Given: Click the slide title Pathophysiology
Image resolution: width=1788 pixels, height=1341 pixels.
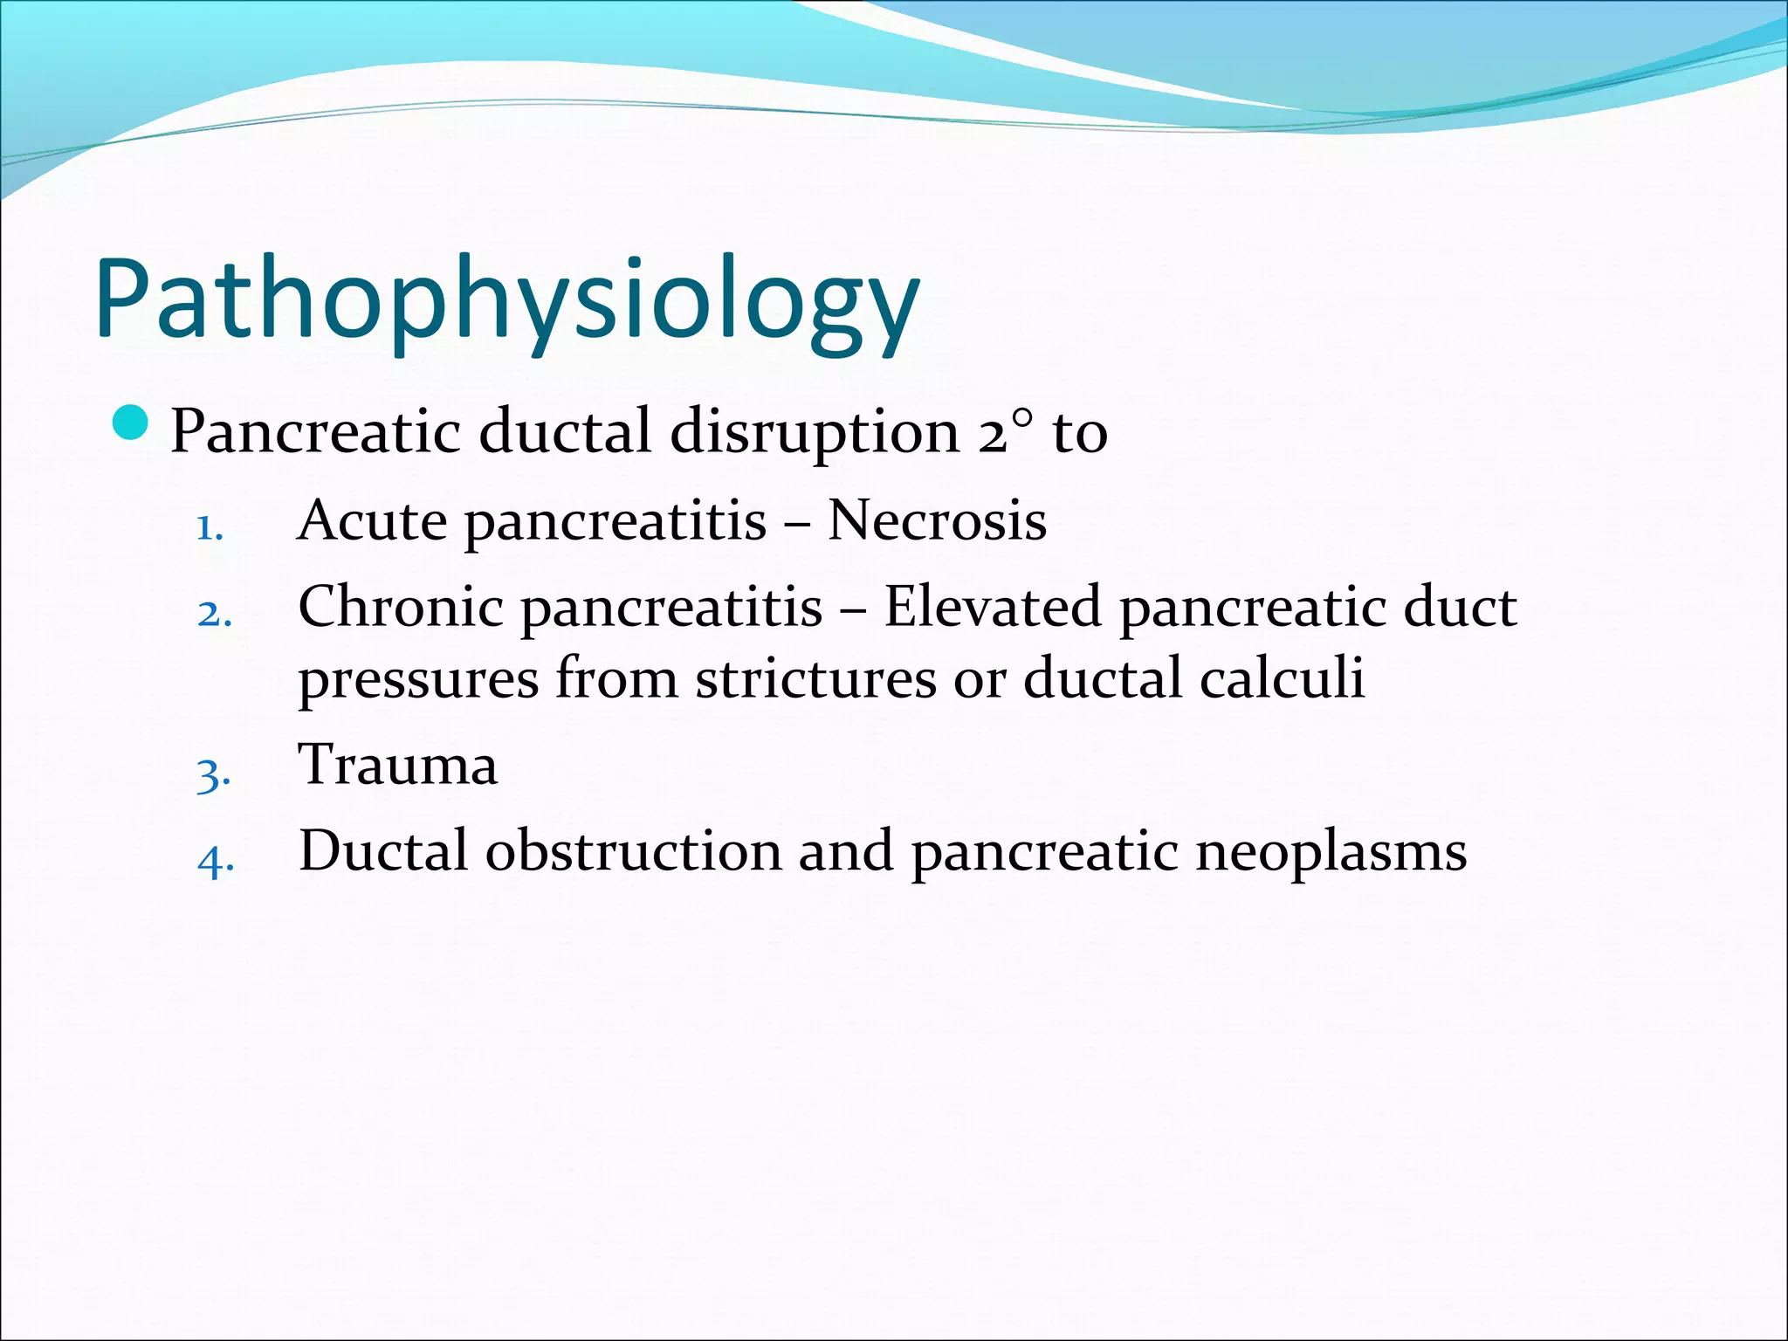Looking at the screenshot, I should click(506, 301).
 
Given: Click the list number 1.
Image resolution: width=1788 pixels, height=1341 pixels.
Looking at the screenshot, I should click(210, 527).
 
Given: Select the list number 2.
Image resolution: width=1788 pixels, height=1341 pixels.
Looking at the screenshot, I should click(214, 614).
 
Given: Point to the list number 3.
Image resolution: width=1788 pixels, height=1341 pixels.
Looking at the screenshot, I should click(214, 774).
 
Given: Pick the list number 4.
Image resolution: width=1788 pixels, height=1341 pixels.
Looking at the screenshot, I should click(215, 861).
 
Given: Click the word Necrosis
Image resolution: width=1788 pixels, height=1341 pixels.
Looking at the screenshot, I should click(937, 521).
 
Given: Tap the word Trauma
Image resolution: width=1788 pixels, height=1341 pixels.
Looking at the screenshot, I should click(398, 765).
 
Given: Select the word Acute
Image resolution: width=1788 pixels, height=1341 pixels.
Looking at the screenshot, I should click(373, 521).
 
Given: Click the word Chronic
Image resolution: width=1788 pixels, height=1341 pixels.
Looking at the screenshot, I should click(401, 607).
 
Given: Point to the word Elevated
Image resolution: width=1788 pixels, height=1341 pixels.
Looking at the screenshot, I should click(993, 607).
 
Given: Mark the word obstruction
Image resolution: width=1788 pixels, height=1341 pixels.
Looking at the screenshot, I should click(633, 851).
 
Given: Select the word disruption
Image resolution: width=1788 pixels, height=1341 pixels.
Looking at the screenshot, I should click(815, 432).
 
